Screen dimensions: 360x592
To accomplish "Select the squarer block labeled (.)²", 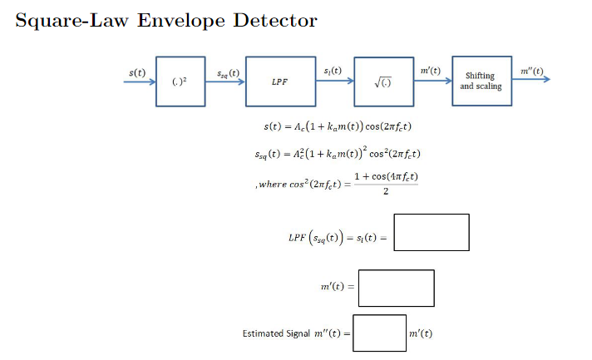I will coord(180,81).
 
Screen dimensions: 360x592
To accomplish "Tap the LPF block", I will coord(280,81).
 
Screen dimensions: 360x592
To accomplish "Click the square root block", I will coord(383,81).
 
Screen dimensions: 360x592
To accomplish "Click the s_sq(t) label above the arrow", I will coord(226,72).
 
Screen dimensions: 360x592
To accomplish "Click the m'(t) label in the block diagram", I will coord(431,72).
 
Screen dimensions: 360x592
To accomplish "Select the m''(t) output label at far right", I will coord(530,72).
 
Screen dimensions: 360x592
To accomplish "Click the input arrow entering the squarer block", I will coord(139,81).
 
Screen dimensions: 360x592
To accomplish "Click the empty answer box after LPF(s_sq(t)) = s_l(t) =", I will coord(431,233).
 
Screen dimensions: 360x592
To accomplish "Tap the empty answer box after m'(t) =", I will coord(396,288).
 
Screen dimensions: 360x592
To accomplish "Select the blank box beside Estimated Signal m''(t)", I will coord(379,333).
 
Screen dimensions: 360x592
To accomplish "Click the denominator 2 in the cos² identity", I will coord(386,193).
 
